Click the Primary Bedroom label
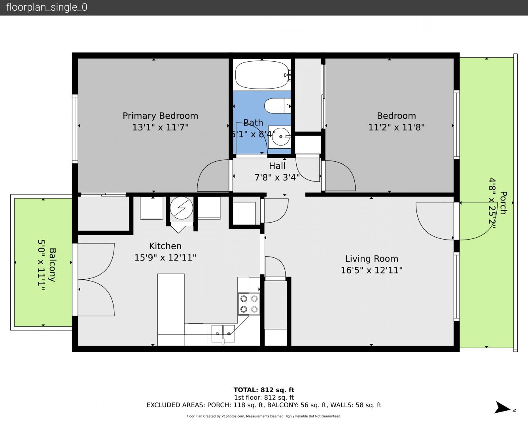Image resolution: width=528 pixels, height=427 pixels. click(x=161, y=116)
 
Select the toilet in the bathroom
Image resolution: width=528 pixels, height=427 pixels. click(x=277, y=106)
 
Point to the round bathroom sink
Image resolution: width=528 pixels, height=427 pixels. click(x=280, y=136)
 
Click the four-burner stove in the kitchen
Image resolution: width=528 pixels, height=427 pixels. click(x=249, y=304)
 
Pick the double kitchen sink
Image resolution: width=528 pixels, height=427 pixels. click(x=223, y=334)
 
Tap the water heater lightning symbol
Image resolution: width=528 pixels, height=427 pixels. click(x=182, y=208)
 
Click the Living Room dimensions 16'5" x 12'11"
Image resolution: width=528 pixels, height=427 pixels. click(x=372, y=270)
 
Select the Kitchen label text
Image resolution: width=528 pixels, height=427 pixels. click(x=165, y=246)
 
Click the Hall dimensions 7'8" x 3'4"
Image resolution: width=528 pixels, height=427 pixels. click(x=277, y=178)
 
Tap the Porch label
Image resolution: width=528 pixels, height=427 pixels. click(x=503, y=203)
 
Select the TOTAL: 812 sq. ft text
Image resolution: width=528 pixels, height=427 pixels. click(x=264, y=390)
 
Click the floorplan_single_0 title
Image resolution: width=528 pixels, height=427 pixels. click(x=47, y=8)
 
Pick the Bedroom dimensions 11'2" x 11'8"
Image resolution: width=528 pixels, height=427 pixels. click(x=396, y=127)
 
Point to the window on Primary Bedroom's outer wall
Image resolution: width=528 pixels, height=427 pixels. click(x=75, y=128)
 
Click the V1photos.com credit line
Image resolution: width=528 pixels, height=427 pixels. click(x=264, y=416)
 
